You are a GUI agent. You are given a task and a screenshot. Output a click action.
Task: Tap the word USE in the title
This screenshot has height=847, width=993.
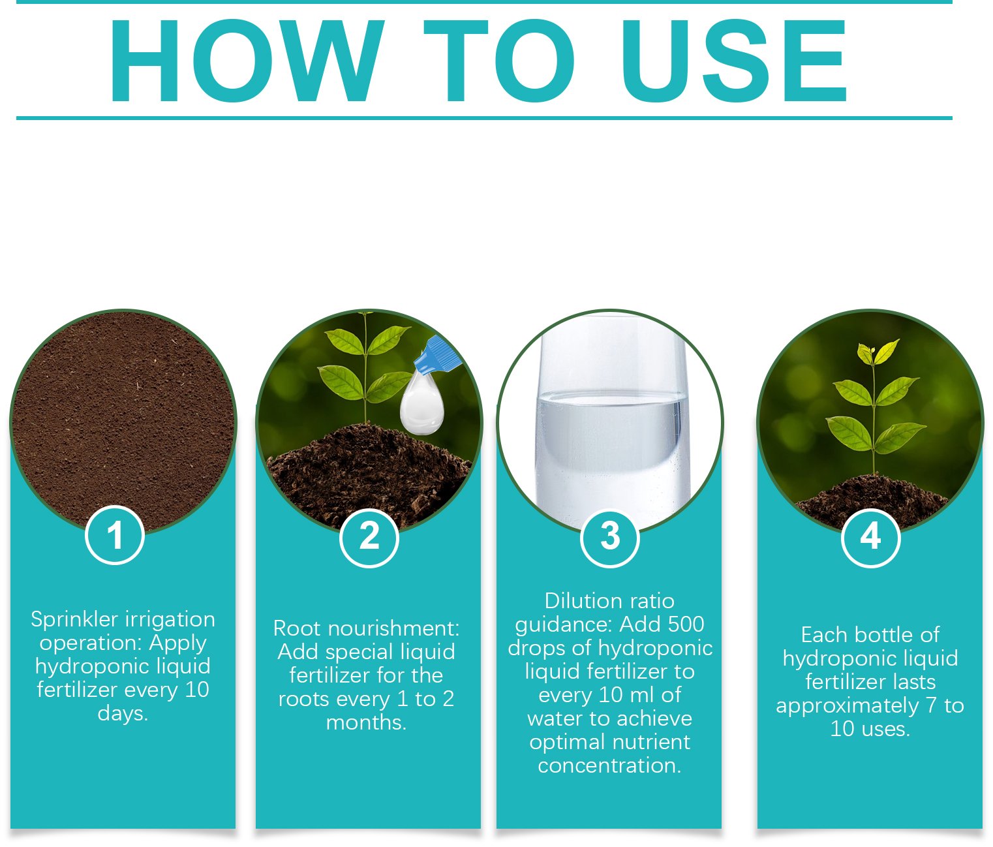coord(733,61)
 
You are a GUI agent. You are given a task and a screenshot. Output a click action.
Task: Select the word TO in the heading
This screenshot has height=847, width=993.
coord(498,61)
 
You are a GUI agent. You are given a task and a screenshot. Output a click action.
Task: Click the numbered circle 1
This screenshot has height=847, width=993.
coord(115,535)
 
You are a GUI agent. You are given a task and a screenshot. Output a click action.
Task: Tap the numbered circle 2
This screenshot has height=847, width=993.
coord(369,537)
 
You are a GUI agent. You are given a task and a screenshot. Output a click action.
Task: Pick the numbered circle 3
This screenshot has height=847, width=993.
coord(609,537)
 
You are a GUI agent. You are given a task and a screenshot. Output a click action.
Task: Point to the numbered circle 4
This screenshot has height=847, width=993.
coord(870,537)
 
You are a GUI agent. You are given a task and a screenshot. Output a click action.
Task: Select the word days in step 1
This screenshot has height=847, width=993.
coord(123,714)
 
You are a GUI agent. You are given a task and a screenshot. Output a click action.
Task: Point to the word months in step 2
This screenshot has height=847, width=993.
coord(366,722)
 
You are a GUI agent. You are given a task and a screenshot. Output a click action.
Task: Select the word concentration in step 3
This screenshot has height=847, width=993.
coord(609,766)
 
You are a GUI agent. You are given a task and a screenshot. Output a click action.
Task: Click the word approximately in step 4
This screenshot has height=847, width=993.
coord(847,706)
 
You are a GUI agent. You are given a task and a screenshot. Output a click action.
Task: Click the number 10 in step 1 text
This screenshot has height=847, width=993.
coord(197,690)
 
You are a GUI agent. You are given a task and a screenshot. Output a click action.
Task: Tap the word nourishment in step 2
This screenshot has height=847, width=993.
coord(394,628)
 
